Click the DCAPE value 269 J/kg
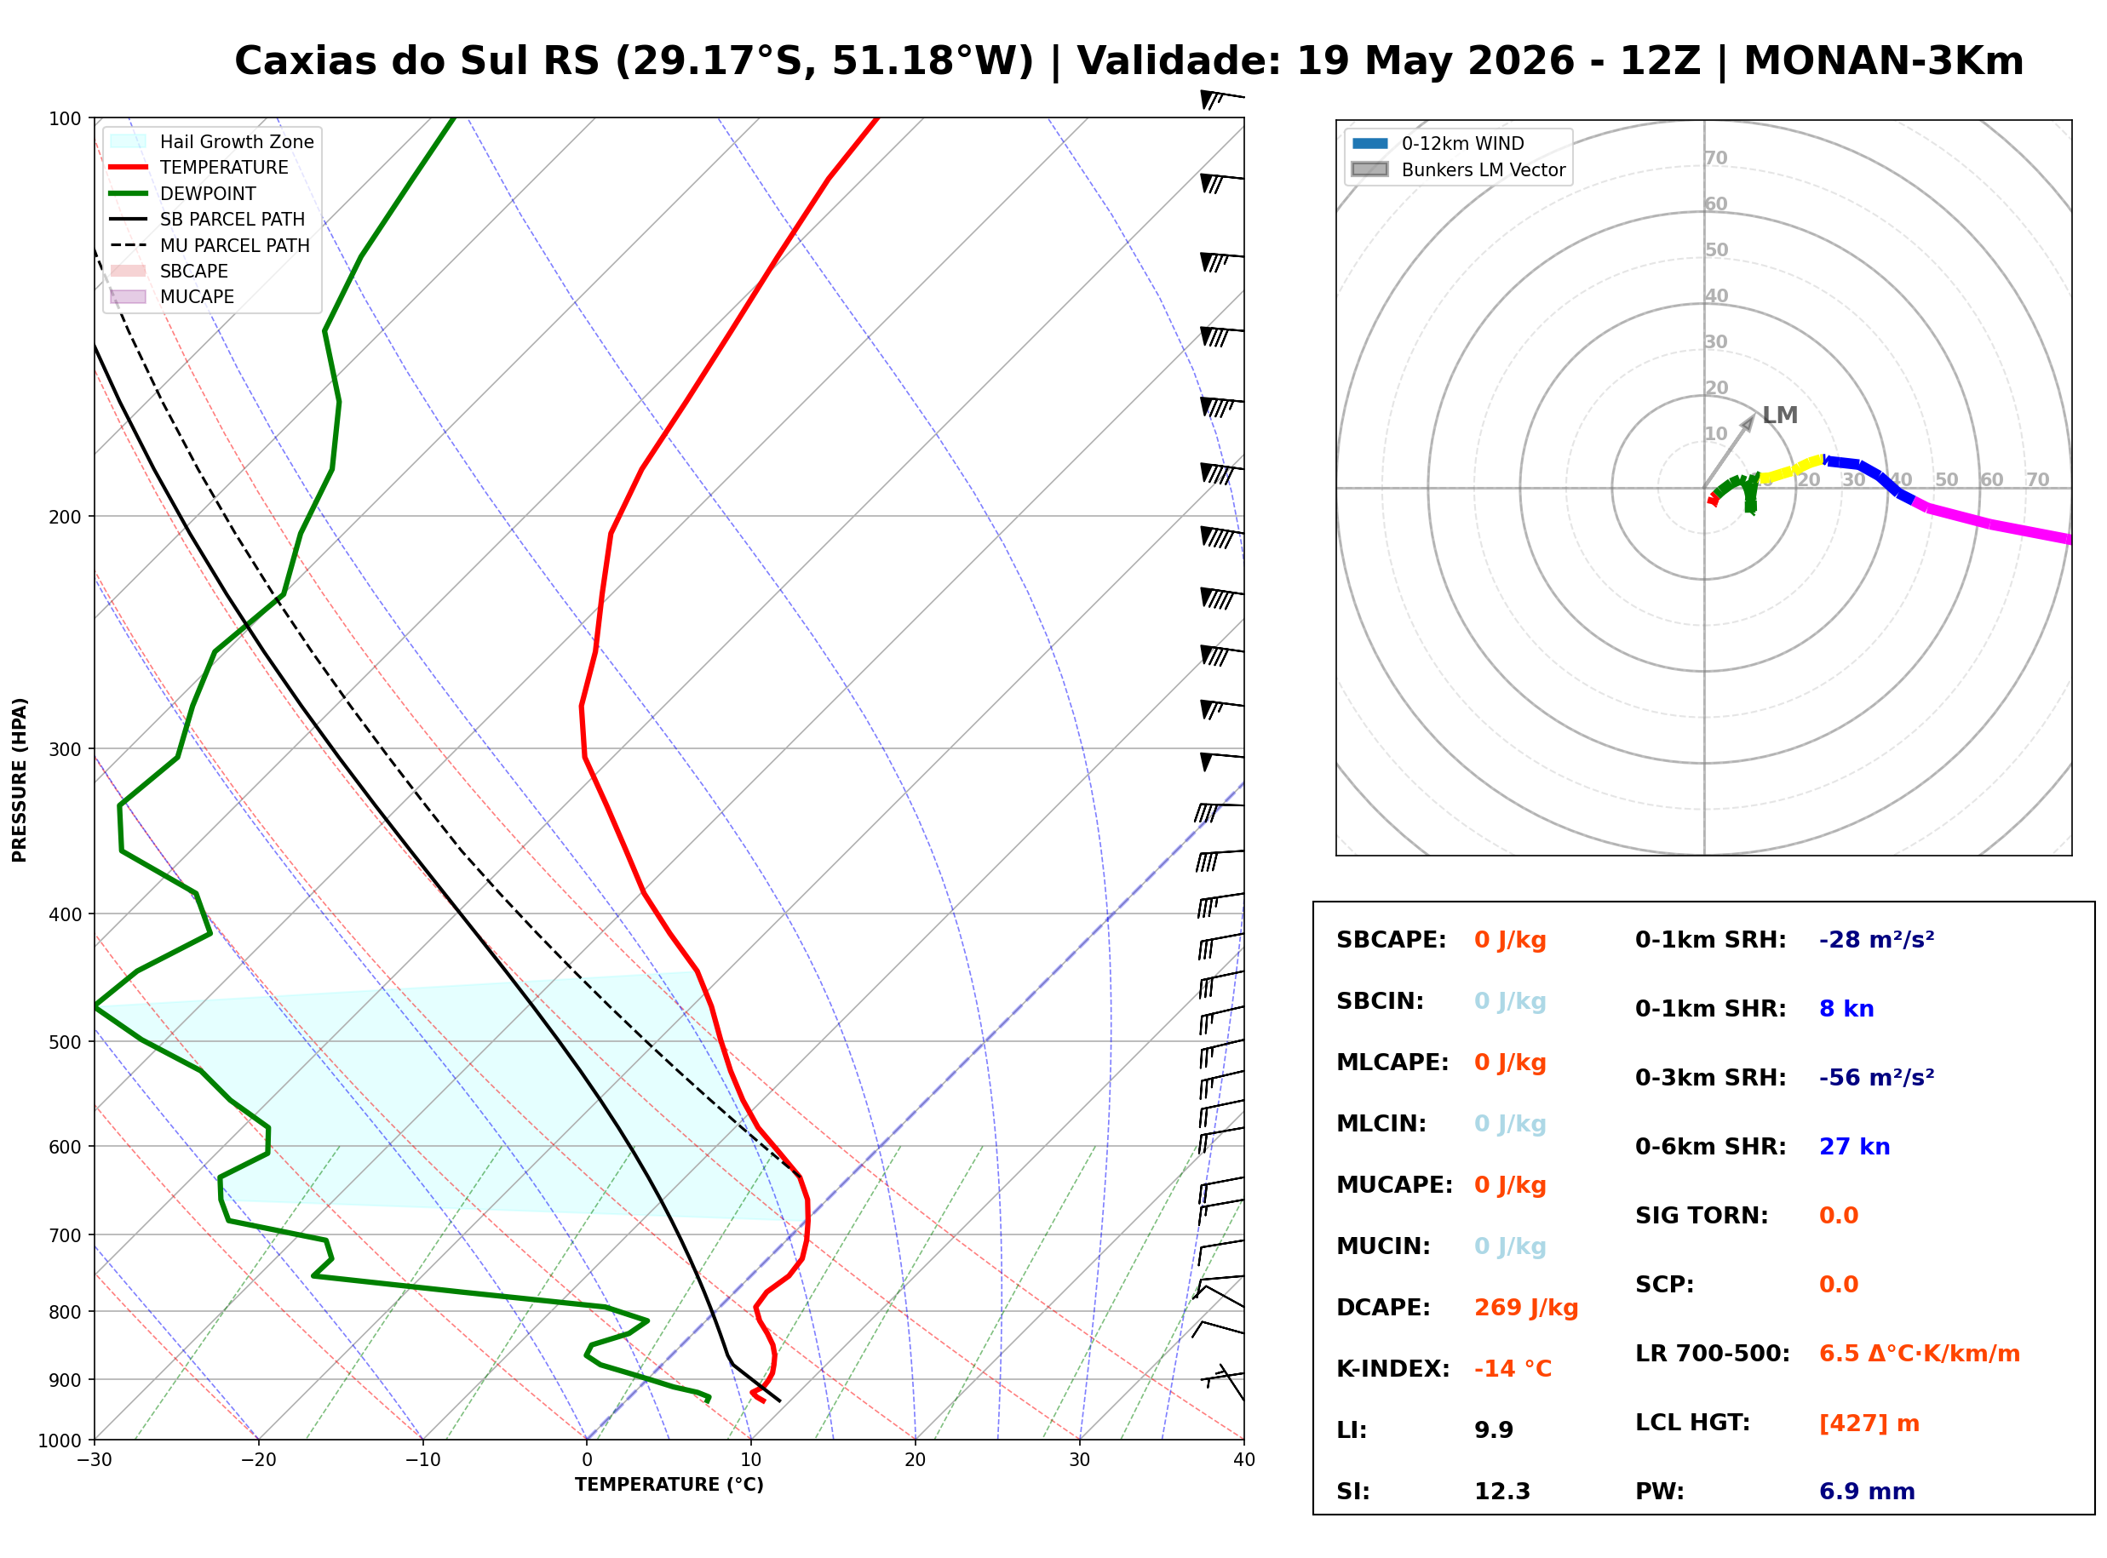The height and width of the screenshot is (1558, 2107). (x=1525, y=1308)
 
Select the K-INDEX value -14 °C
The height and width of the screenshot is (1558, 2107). (x=1512, y=1369)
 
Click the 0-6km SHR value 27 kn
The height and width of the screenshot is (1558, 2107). (x=1854, y=1147)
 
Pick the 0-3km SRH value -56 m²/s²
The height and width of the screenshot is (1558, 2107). (x=1876, y=1077)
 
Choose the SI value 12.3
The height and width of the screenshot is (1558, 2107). (x=1502, y=1492)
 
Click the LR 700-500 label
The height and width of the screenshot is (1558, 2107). (x=1712, y=1355)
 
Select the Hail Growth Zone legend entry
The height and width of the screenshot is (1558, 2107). (x=212, y=141)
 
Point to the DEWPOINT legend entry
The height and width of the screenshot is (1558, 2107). (x=183, y=193)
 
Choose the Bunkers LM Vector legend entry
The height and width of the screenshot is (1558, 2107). (x=1458, y=169)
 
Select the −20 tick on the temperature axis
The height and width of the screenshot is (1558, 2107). (x=257, y=1460)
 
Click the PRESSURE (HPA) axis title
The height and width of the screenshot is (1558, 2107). (x=19, y=780)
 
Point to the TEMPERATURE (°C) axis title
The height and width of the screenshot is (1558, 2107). (x=669, y=1485)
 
